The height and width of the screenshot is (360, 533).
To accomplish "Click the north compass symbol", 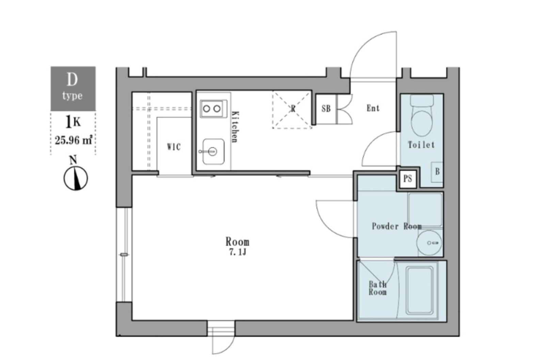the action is pyautogui.click(x=76, y=178).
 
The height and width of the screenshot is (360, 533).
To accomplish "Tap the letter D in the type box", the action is pyautogui.click(x=72, y=79).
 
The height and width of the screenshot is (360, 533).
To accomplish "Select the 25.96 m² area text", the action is pyautogui.click(x=74, y=140).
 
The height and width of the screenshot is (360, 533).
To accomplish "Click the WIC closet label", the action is pyautogui.click(x=174, y=147).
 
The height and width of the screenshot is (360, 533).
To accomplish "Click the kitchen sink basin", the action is pyautogui.click(x=213, y=151).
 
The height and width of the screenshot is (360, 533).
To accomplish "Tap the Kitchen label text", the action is pyautogui.click(x=235, y=127).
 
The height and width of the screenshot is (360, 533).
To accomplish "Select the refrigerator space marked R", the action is pyautogui.click(x=292, y=109).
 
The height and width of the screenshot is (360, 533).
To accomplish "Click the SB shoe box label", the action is pyautogui.click(x=326, y=109).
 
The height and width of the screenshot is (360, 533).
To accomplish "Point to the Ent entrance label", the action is pyautogui.click(x=373, y=108).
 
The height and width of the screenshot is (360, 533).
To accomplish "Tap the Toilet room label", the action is pyautogui.click(x=421, y=144).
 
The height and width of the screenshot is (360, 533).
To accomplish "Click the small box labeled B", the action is pyautogui.click(x=437, y=172).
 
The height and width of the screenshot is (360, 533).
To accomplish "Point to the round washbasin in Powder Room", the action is pyautogui.click(x=430, y=243).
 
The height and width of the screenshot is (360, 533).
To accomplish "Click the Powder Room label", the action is pyautogui.click(x=397, y=226).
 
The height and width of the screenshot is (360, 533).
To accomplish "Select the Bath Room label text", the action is pyautogui.click(x=377, y=288).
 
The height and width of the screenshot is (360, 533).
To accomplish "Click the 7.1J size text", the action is pyautogui.click(x=237, y=252).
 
